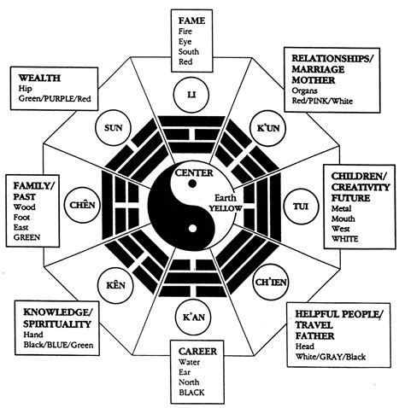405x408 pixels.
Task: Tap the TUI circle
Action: [x=299, y=206]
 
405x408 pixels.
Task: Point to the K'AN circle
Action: [x=193, y=317]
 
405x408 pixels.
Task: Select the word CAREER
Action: [x=196, y=350]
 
